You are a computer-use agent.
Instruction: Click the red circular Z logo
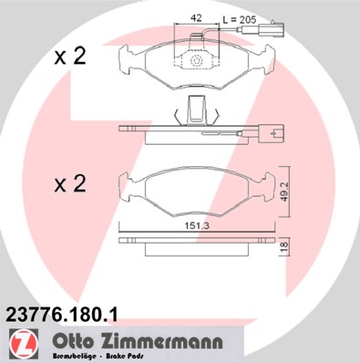point(20,345)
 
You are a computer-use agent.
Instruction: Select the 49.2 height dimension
point(283,189)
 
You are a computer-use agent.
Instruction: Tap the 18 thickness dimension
point(283,247)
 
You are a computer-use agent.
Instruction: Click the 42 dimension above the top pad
point(195,18)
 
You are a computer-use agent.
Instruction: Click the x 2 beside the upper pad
point(69,57)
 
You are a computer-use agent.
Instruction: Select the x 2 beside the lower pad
point(69,184)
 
